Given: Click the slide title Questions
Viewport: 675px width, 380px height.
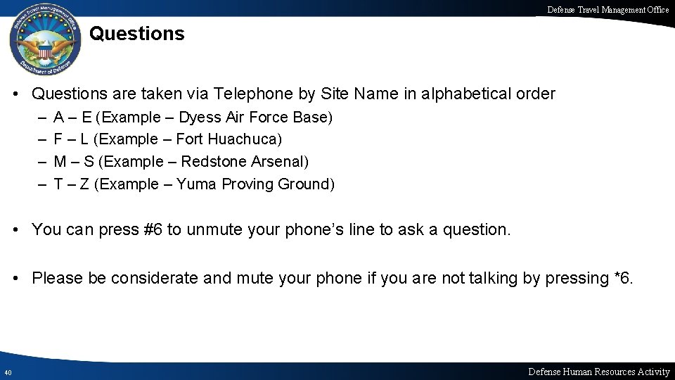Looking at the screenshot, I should pyautogui.click(x=137, y=34).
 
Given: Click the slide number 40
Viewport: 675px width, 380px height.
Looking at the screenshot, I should pyautogui.click(x=7, y=372).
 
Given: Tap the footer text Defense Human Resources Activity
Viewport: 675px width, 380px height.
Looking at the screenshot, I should pyautogui.click(x=598, y=372).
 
